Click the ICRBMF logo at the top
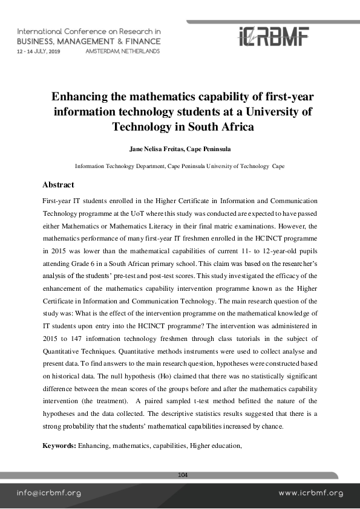tap(273, 37)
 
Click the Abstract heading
tap(58, 185)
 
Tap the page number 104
tap(183, 475)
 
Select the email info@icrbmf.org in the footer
tap(48, 493)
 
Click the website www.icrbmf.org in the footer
tap(310, 493)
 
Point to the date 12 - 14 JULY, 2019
tap(39, 52)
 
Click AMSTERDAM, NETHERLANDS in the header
tap(123, 52)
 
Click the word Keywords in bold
tap(59, 446)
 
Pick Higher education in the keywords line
tap(215, 446)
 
